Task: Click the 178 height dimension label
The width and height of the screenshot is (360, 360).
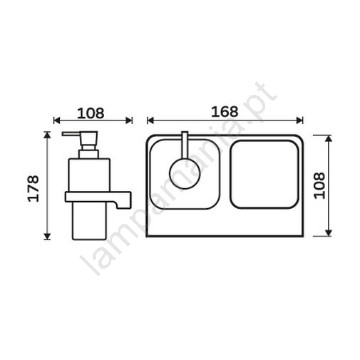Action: point(34,188)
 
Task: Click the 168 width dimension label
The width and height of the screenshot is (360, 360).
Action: point(225,111)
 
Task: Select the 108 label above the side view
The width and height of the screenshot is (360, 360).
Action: point(91,113)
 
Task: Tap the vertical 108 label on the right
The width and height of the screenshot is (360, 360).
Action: point(319,186)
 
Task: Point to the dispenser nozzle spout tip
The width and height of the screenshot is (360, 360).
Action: point(63,134)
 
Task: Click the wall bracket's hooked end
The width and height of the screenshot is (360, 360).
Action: point(123,205)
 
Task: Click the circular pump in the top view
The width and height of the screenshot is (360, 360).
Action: point(185,173)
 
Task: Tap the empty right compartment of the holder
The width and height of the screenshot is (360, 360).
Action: point(264,175)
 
